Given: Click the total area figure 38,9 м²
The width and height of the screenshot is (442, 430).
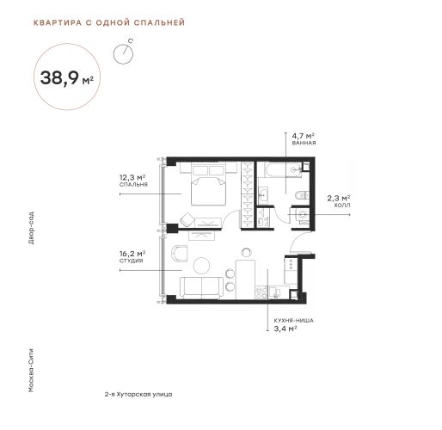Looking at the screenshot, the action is click(67, 77).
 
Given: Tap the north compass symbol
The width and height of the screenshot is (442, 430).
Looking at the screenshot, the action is click(123, 53).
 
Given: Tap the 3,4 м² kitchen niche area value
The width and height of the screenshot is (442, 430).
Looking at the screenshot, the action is click(285, 329).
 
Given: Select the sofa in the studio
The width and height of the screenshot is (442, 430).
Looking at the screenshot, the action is click(201, 288).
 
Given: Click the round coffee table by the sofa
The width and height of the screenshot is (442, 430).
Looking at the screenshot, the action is click(201, 266).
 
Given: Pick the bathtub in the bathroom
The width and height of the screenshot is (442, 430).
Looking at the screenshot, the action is click(283, 170).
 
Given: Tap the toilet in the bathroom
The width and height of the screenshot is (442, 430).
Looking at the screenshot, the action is click(302, 195).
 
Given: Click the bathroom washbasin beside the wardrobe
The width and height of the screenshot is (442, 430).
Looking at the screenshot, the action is click(263, 195).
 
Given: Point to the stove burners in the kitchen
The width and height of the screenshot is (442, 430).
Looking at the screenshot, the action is click(261, 292).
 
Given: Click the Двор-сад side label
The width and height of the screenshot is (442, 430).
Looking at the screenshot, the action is click(31, 228).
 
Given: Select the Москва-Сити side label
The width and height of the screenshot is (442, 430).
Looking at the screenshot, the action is click(31, 370).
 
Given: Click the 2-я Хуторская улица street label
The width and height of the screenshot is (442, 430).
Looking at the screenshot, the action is click(138, 395).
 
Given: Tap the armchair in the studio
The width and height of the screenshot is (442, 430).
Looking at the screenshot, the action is click(179, 254).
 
